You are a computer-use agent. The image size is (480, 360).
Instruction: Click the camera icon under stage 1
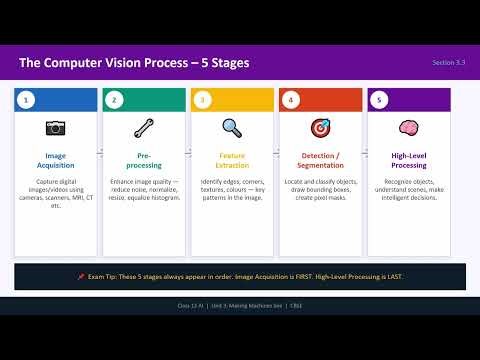click(x=56, y=128)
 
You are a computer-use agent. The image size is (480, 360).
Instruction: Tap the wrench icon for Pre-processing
click(x=143, y=128)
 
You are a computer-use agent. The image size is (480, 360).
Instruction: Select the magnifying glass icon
click(x=231, y=128)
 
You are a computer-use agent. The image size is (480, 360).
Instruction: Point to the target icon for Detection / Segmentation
click(x=318, y=128)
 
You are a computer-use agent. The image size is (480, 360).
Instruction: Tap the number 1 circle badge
click(x=27, y=99)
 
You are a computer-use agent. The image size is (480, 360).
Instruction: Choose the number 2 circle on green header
click(x=115, y=99)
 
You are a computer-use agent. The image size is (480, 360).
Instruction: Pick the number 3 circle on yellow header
click(x=203, y=99)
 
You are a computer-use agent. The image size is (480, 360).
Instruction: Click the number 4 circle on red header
click(x=290, y=99)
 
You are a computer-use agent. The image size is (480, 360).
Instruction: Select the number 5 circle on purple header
click(x=378, y=99)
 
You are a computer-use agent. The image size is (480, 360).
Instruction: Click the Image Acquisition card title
click(x=56, y=161)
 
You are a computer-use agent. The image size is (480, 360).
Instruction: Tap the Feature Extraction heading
click(x=231, y=161)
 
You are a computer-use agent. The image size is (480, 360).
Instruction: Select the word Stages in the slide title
click(x=225, y=64)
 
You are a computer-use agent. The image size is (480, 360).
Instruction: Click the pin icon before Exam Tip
click(x=80, y=276)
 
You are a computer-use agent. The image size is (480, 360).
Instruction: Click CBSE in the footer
click(x=297, y=305)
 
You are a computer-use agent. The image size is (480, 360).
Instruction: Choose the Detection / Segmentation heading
click(x=318, y=161)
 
